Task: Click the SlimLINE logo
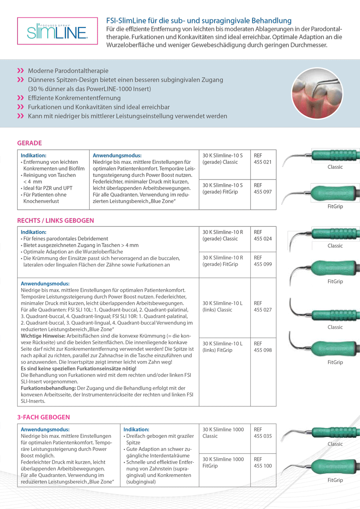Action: (57, 32)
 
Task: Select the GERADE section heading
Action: (29, 143)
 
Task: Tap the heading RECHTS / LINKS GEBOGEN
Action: (55, 221)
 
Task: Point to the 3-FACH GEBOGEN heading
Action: (43, 417)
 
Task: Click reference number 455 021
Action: (263, 162)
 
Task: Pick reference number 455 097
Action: (263, 192)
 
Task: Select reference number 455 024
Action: (263, 239)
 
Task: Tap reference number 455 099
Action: (263, 264)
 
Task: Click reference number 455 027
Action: (263, 310)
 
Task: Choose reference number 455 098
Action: (263, 350)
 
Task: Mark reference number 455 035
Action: (263, 436)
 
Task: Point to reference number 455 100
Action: (263, 466)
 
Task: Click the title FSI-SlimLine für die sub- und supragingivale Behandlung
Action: (198, 21)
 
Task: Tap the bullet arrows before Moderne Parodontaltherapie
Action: (20, 71)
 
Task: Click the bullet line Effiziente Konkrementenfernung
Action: (74, 98)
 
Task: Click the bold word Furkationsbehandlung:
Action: (48, 387)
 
